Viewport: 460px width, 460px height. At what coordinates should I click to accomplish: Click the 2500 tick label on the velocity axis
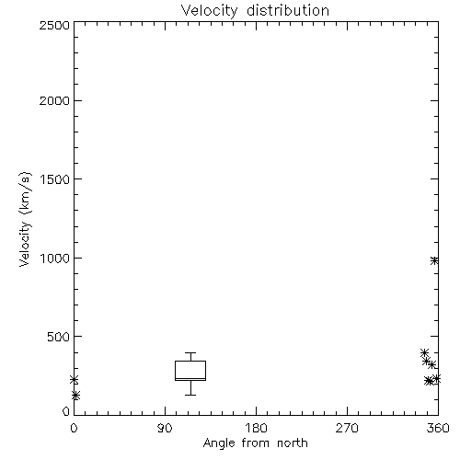point(54,25)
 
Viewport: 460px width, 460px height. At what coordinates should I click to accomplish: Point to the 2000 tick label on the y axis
point(54,101)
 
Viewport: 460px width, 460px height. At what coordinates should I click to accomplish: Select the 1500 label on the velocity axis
point(55,179)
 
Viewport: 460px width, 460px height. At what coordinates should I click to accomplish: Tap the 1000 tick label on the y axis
point(55,259)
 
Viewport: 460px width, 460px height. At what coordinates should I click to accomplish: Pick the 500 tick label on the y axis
point(59,337)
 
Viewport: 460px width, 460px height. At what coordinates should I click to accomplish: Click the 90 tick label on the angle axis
point(165,428)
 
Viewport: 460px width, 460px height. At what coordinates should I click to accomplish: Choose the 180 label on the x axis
point(256,428)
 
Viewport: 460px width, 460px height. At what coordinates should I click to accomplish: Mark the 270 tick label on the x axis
point(347,428)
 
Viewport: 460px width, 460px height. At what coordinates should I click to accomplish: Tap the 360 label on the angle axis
point(438,428)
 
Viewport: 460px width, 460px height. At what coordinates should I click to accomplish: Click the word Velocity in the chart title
point(209,11)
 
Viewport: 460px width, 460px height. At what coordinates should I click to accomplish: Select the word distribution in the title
point(288,10)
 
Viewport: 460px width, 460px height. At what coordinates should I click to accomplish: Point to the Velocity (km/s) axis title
point(25,219)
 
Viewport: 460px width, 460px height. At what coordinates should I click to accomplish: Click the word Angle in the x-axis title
point(219,443)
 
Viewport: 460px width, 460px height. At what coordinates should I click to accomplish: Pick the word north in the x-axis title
point(293,443)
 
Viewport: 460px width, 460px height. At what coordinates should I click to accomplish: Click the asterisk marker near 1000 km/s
point(434,260)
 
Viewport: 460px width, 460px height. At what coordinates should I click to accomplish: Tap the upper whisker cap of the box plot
point(190,352)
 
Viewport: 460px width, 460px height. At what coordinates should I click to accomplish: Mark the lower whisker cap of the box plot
point(190,395)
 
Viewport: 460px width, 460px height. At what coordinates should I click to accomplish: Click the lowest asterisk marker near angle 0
point(75,396)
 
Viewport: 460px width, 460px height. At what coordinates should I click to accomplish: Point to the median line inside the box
point(190,379)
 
